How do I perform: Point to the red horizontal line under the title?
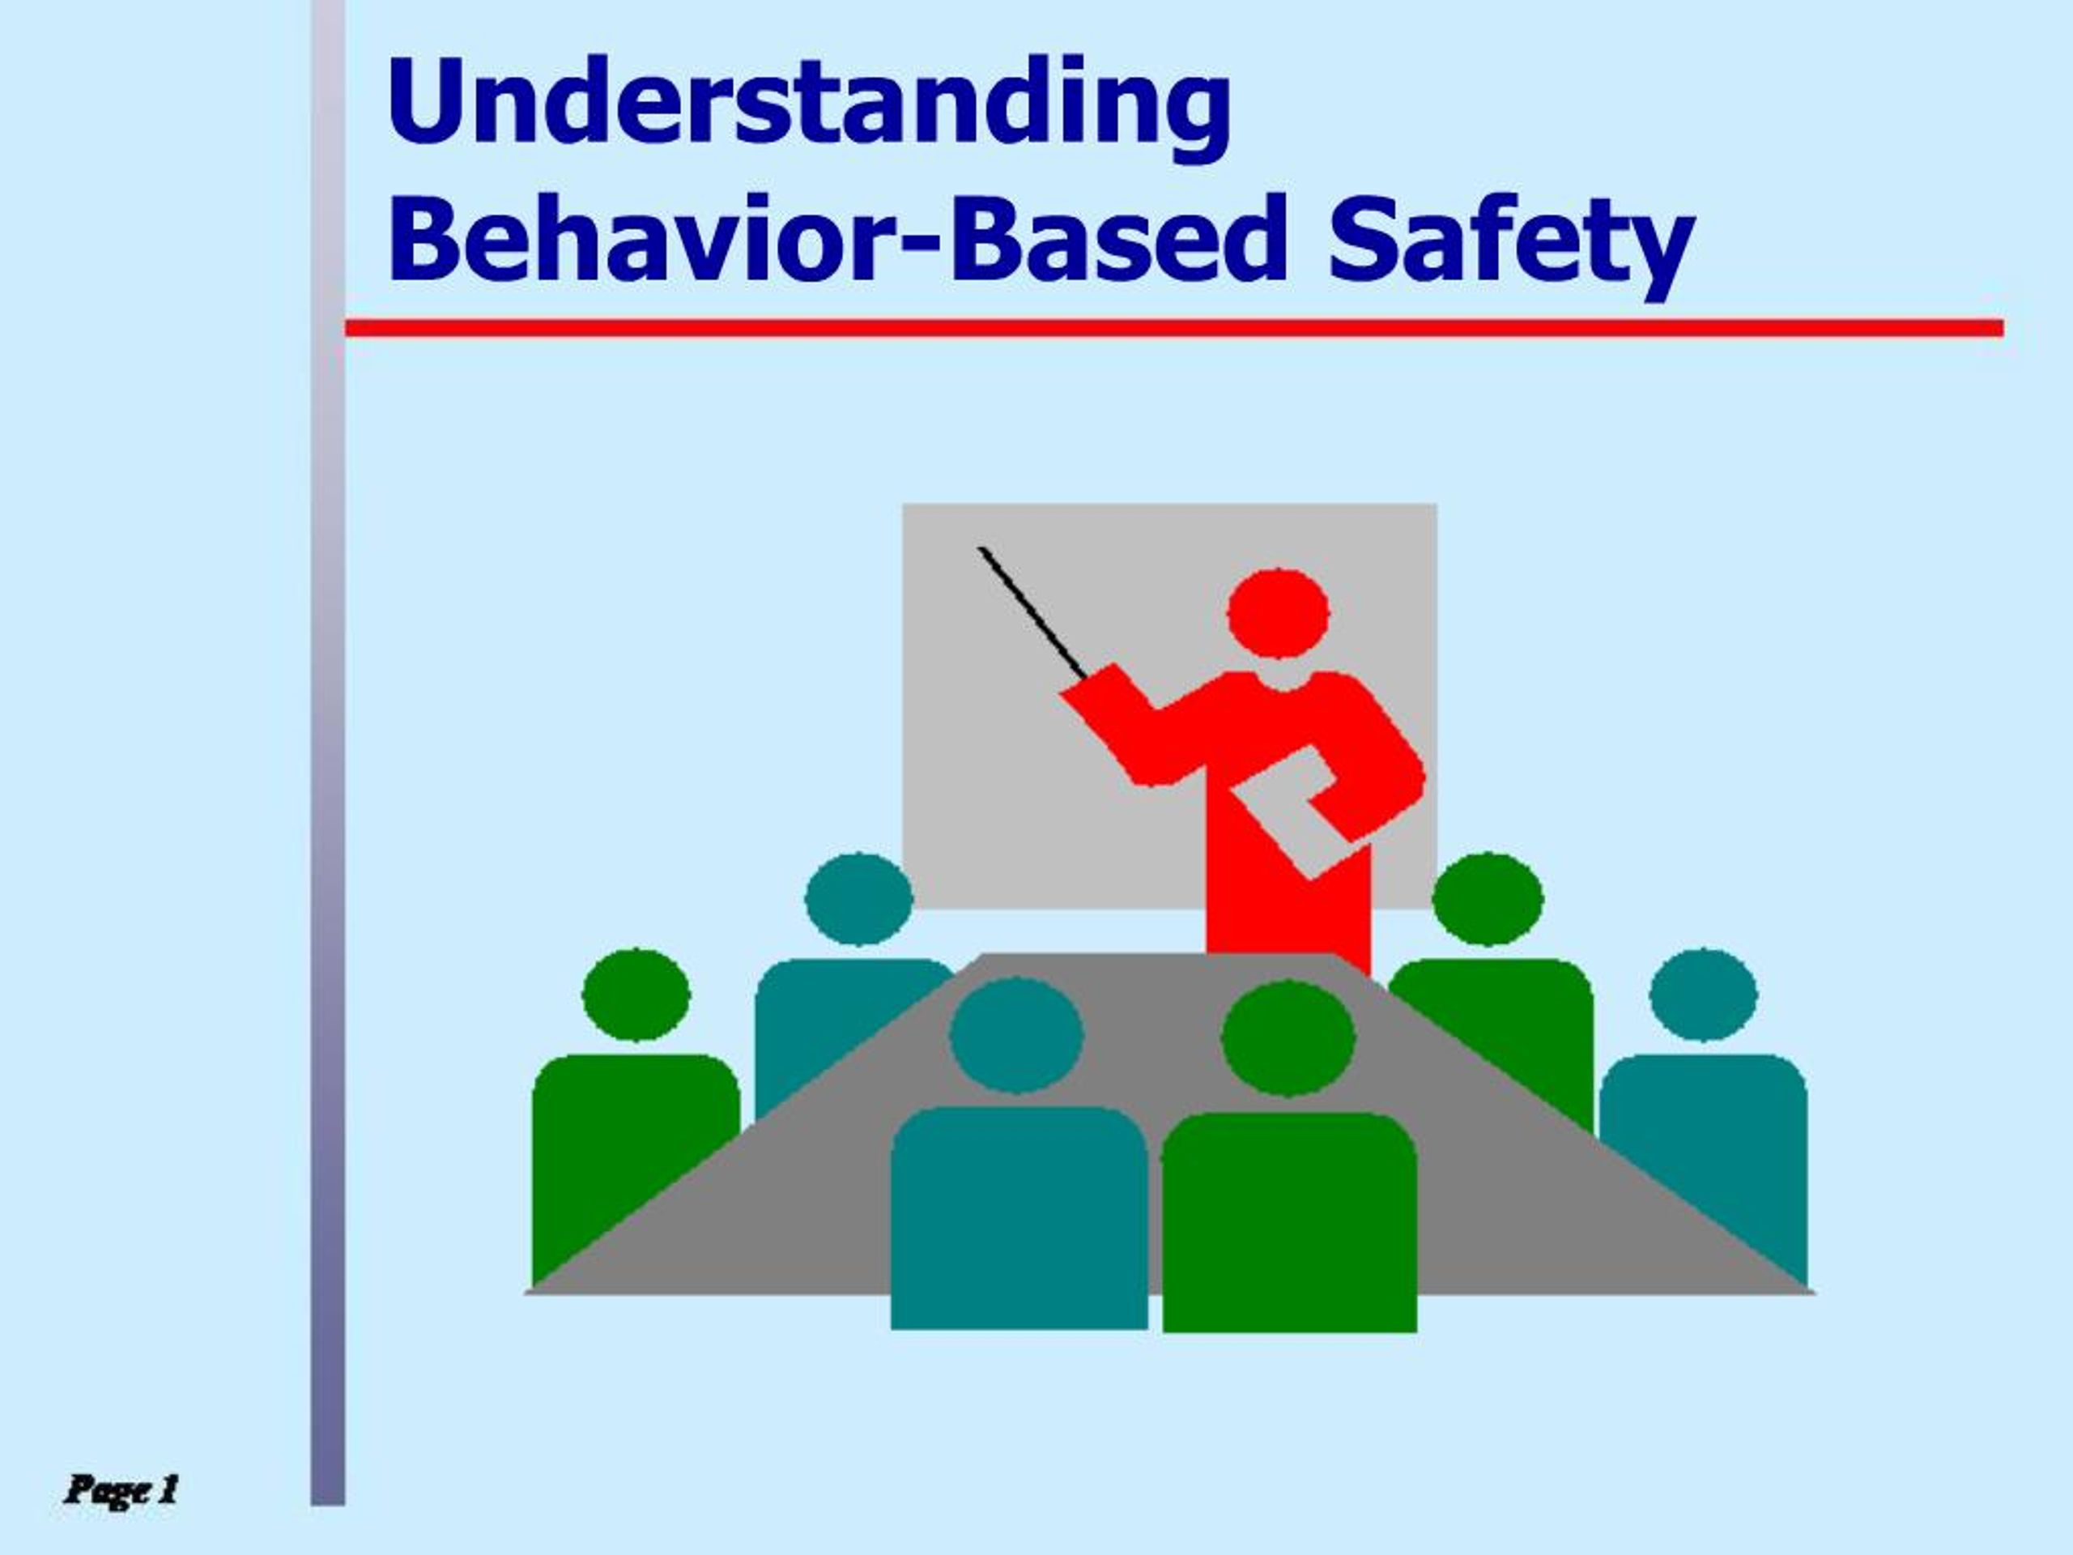click(x=1172, y=327)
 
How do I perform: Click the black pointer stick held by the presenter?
click(x=1031, y=609)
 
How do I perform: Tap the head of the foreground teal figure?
click(x=1017, y=1035)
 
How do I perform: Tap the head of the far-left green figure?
click(x=636, y=995)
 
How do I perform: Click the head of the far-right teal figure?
click(x=1703, y=995)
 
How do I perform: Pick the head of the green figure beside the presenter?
click(x=1488, y=899)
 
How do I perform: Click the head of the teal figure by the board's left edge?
click(x=858, y=898)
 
